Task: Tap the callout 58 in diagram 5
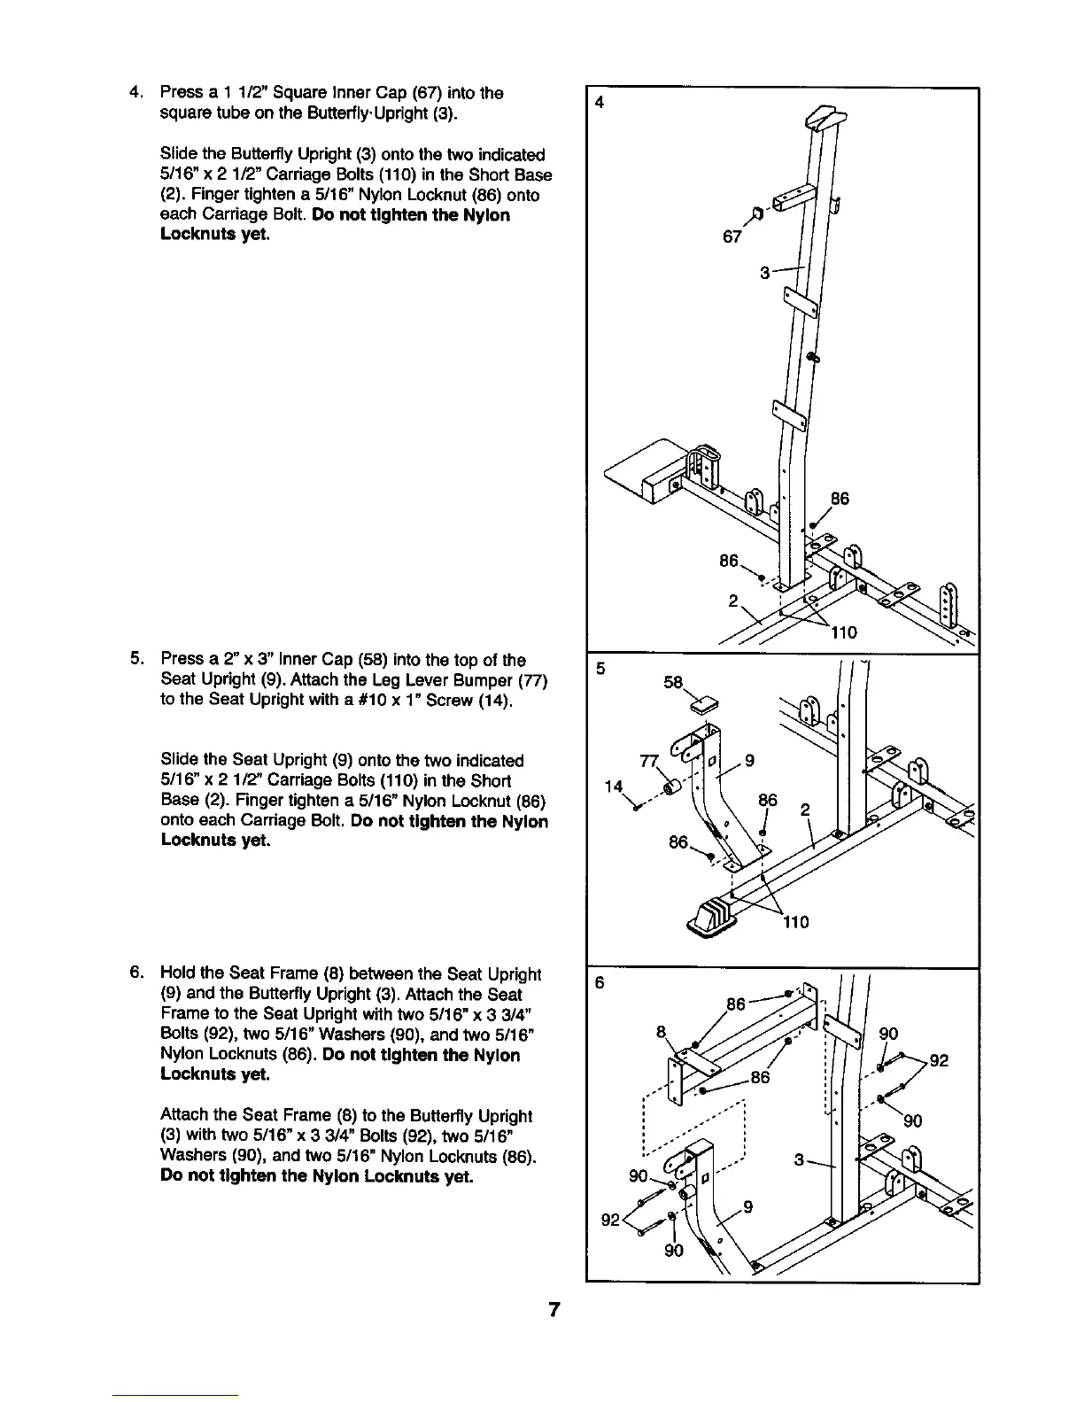pos(675,683)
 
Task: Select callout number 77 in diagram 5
pos(649,762)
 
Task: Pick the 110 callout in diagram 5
pos(795,922)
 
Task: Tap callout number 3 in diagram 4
pos(765,273)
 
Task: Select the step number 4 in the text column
pos(135,93)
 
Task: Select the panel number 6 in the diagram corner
pos(600,984)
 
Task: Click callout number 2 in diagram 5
pos(805,809)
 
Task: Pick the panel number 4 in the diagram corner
pos(600,102)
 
